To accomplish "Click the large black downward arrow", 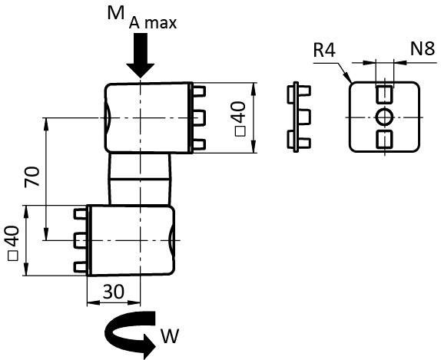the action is (141, 54).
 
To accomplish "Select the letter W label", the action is (170, 336).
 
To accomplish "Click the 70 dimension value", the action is (31, 177).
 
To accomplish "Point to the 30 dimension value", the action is (114, 292).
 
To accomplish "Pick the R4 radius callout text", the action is (324, 51).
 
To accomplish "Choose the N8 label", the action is (423, 48).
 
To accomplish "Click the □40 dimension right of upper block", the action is (240, 119).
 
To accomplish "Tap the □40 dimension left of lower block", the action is (12, 243).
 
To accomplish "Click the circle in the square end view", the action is (384, 117).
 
